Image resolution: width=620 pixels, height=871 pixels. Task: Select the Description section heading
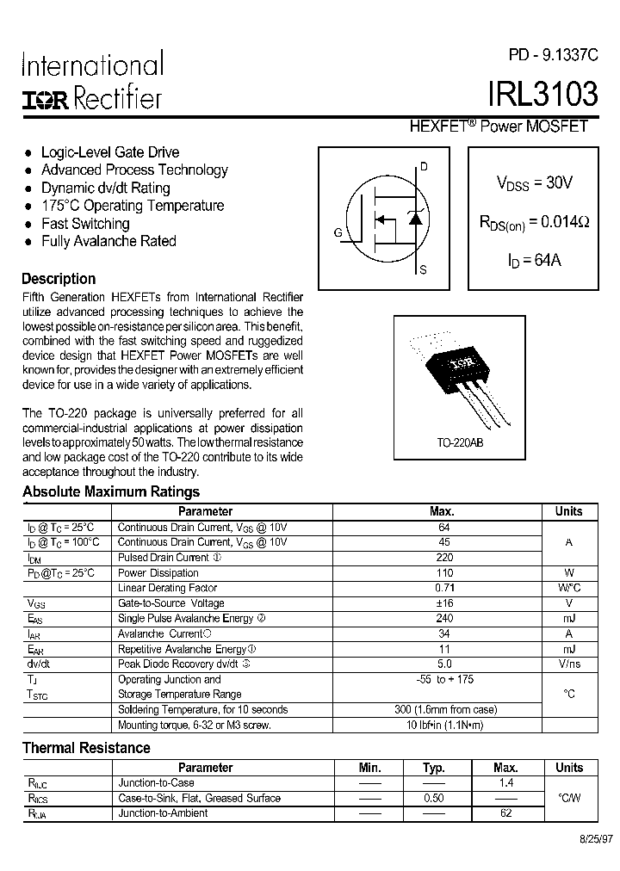click(59, 279)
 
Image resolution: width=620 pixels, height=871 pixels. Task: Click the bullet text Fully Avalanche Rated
click(108, 241)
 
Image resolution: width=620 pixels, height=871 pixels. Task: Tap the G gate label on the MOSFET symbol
click(338, 232)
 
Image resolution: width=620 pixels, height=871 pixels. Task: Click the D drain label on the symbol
click(423, 167)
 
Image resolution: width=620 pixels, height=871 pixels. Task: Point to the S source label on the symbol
click(423, 270)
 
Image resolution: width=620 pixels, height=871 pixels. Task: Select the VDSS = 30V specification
click(534, 182)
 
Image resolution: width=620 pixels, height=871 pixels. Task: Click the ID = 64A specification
click(534, 259)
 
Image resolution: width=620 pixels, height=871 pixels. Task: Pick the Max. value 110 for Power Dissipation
click(444, 572)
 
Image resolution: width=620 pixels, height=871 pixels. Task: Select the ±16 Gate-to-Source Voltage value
click(444, 603)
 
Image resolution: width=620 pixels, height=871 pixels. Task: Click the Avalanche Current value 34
click(444, 633)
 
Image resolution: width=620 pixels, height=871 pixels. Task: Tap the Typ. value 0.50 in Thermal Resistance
click(434, 798)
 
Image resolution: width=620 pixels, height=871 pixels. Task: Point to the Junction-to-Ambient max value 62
click(505, 812)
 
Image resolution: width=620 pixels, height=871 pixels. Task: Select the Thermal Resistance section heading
click(86, 748)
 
